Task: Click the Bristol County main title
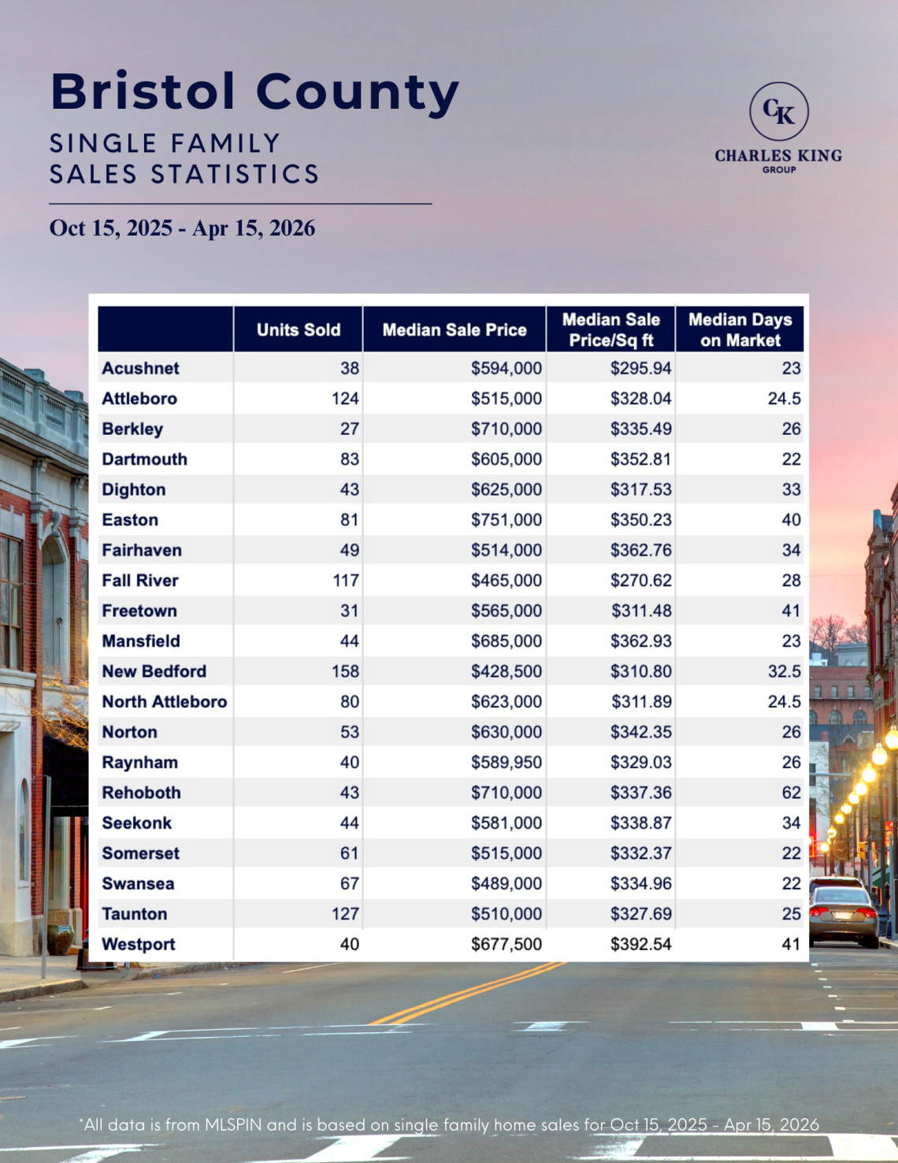point(254,92)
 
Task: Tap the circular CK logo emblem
point(778,112)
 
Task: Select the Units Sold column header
point(298,330)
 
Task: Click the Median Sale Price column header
point(455,330)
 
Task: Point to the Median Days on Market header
point(740,330)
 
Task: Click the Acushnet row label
point(140,368)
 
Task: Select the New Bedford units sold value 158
point(345,671)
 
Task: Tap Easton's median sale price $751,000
point(507,520)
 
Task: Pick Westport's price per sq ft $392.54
point(640,944)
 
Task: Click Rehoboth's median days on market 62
point(791,793)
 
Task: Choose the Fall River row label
point(140,581)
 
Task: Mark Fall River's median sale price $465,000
point(507,581)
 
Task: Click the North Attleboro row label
point(164,702)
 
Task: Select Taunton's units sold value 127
point(345,914)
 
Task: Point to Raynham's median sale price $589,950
point(507,763)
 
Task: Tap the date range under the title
point(182,229)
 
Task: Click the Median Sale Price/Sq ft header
point(611,330)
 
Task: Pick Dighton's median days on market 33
point(791,490)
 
